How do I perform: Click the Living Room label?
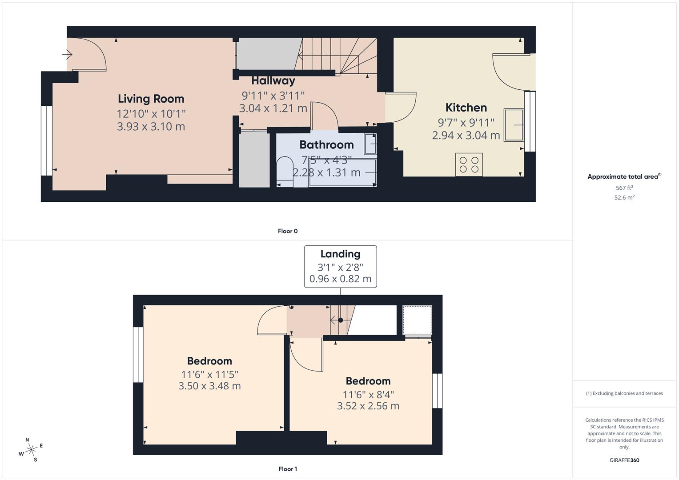tap(151, 99)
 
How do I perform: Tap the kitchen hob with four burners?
tap(469, 164)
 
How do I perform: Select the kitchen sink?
tap(514, 125)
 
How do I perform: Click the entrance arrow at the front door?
tap(67, 55)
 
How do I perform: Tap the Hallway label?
tap(273, 81)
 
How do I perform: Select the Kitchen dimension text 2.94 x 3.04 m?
tap(466, 135)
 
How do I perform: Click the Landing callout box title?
tap(340, 254)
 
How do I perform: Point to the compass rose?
tap(31, 450)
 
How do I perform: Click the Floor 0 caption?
tap(288, 231)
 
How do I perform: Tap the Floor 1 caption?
tap(288, 469)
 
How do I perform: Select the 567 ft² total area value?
tap(624, 188)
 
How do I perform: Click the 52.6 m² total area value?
tap(624, 198)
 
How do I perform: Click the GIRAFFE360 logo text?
tap(624, 460)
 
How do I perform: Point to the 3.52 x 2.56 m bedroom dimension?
tap(368, 406)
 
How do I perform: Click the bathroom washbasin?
tap(370, 144)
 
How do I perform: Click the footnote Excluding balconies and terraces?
tap(624, 393)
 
